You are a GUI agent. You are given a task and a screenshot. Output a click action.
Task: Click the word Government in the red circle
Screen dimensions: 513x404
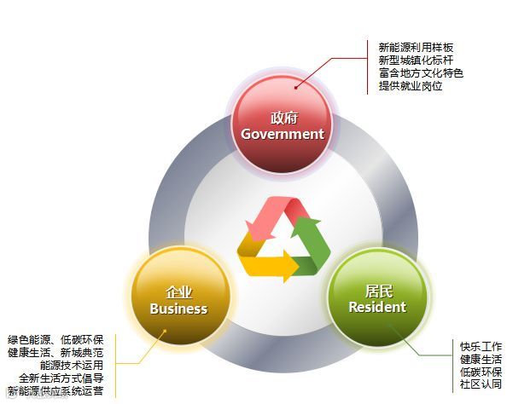(x=283, y=134)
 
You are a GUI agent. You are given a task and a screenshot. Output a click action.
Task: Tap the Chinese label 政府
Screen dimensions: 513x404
(x=283, y=118)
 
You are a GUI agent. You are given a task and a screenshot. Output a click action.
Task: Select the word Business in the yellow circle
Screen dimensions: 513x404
(x=178, y=309)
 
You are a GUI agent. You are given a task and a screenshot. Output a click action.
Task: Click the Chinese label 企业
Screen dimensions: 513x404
(x=179, y=291)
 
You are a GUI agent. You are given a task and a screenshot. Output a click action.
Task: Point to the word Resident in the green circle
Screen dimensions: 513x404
(x=377, y=307)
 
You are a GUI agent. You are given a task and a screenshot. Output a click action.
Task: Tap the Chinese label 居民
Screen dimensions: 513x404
(x=377, y=290)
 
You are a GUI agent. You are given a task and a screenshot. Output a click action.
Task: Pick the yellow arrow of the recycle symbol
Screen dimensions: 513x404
(x=269, y=263)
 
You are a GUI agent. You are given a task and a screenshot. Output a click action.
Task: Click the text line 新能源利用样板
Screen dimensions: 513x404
(x=416, y=48)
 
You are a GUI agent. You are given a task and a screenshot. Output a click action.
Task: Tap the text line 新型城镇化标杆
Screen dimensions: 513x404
(x=416, y=61)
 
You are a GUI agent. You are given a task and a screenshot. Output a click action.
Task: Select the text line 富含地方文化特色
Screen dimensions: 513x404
(x=421, y=73)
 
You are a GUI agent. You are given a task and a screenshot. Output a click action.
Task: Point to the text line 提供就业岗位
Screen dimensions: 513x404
(x=411, y=86)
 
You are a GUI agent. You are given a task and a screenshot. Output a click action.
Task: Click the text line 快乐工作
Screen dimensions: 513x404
(x=481, y=347)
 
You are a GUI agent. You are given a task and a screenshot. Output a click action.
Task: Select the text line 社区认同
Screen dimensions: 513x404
(x=481, y=384)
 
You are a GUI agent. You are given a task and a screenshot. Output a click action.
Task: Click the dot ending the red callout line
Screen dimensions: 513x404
(x=297, y=86)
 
